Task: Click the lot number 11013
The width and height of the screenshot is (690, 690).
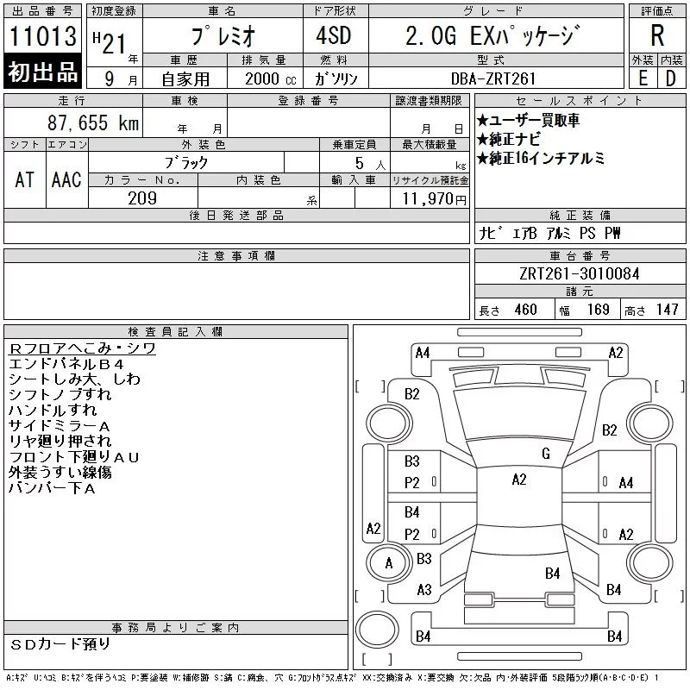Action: pos(42,36)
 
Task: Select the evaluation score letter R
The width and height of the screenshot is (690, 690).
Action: pos(657,35)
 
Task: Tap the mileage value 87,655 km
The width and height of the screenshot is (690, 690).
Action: pos(93,122)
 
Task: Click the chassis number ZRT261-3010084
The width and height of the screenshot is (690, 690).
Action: pos(579,273)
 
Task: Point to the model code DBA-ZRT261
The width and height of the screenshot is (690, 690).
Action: pos(493,78)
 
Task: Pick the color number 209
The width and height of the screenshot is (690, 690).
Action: pos(142,198)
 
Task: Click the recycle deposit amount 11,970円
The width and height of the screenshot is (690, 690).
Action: pos(435,199)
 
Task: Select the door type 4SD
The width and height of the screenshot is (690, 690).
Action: pos(334,35)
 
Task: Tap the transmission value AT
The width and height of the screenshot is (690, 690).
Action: pos(24,179)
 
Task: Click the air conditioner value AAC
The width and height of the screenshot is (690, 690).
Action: pos(66,179)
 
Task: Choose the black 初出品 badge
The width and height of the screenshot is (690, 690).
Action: pos(42,71)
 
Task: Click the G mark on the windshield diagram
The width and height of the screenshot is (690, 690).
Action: pos(546,454)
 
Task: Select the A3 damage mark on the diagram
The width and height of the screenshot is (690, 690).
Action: pos(424,590)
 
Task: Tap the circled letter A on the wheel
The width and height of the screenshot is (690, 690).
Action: pos(389,563)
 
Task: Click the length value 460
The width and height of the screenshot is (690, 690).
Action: pos(525,310)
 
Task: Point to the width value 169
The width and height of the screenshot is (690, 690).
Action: pos(598,310)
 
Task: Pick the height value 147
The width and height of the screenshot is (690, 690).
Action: pos(667,310)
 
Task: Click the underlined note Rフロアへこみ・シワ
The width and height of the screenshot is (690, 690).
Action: pos(82,348)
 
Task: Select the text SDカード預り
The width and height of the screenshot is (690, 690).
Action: pos(60,644)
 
